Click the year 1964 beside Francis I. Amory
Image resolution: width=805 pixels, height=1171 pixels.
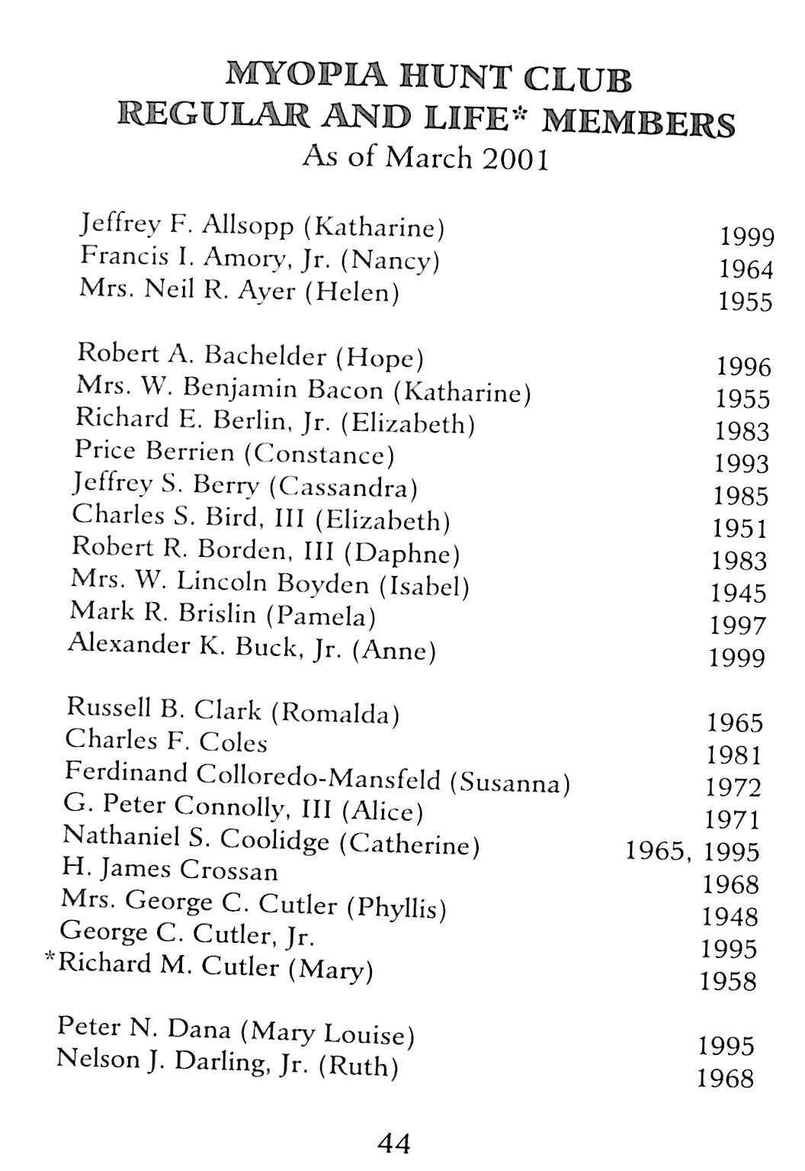[x=746, y=269]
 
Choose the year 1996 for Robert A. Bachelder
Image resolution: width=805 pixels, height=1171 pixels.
[x=744, y=367]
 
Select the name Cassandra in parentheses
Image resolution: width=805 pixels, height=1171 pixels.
[x=343, y=487]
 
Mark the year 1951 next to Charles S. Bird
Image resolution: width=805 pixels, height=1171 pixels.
[x=739, y=528]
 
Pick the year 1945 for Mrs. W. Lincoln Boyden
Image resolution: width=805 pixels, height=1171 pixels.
[x=738, y=593]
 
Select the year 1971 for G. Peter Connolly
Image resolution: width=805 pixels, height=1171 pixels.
[x=733, y=819]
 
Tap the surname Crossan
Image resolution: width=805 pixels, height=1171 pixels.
[x=228, y=870]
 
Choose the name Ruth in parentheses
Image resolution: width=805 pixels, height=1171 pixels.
[x=358, y=1065]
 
